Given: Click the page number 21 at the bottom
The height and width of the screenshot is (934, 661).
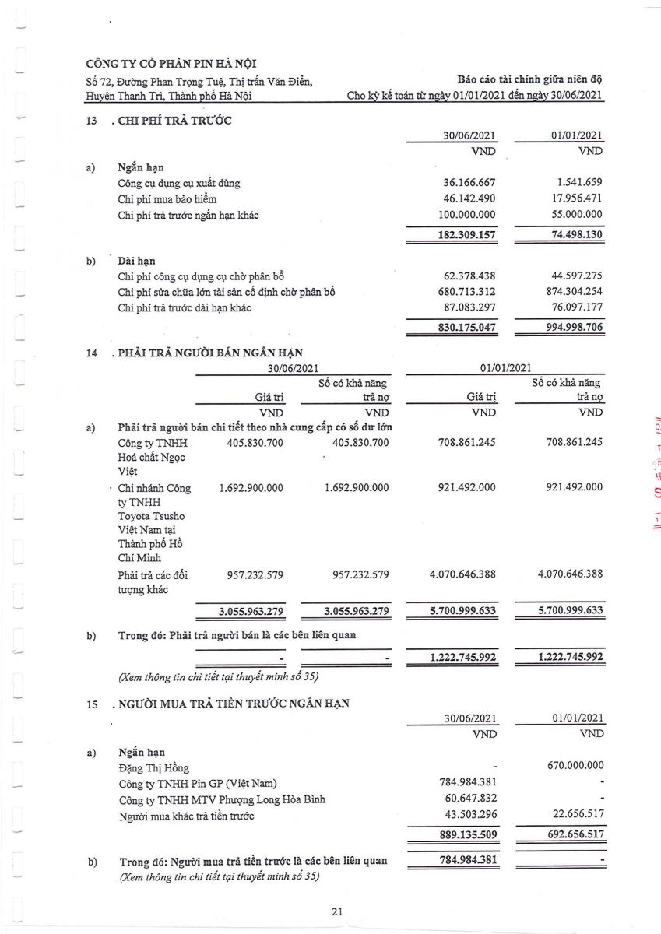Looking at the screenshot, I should pos(336,911).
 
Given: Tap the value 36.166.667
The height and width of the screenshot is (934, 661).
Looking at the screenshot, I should pos(465,183).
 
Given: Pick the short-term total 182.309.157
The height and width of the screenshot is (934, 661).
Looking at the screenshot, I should pos(462,234).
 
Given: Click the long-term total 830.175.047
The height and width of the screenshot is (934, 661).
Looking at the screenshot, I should pos(462,328).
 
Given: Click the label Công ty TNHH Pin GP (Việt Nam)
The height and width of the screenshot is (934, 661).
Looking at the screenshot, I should pos(198,783).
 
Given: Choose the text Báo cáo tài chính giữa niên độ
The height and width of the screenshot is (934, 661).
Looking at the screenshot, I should pos(531,79).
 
